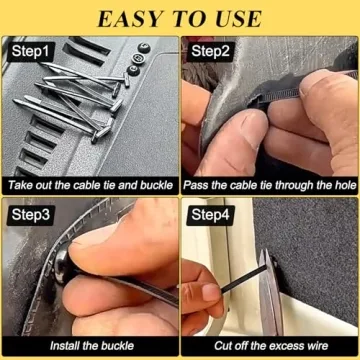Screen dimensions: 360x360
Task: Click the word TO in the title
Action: click(x=184, y=18)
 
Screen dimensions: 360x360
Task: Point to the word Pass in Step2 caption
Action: click(x=198, y=185)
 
